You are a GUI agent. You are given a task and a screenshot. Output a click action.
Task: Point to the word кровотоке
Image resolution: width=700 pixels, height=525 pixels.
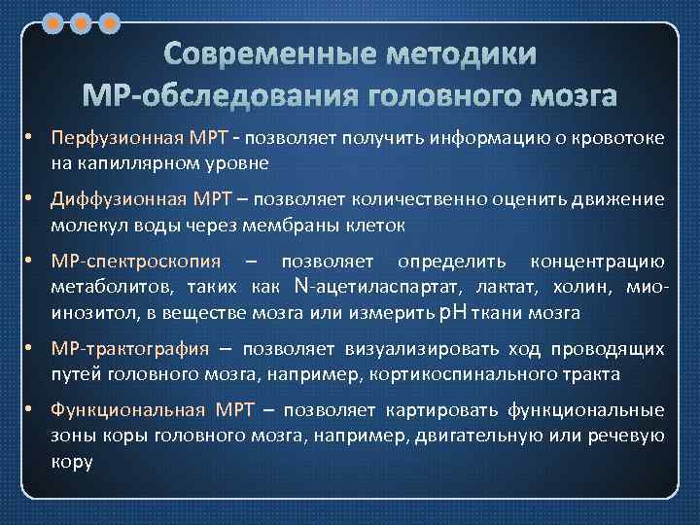[x=621, y=138]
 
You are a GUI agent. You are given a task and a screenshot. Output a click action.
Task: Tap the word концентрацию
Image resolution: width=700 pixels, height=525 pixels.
[x=598, y=262]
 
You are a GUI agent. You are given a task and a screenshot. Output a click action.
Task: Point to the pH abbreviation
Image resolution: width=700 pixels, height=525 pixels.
[x=453, y=312]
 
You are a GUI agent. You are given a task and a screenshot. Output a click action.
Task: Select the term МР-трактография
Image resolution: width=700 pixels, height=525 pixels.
[x=129, y=349]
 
